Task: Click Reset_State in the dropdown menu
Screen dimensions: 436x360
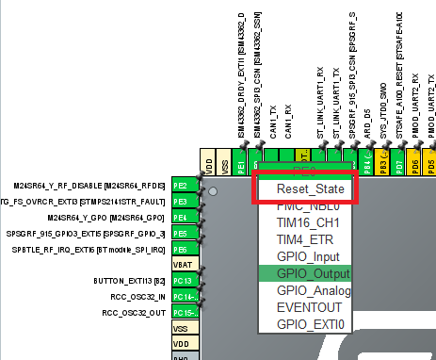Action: tap(303, 189)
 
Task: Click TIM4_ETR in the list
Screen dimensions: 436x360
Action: tap(303, 239)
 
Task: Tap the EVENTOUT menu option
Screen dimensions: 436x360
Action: tap(303, 306)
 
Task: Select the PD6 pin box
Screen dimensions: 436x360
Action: tap(416, 163)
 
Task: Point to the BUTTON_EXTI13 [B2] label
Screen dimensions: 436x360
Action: tap(130, 281)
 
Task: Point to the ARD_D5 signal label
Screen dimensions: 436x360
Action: tap(368, 118)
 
